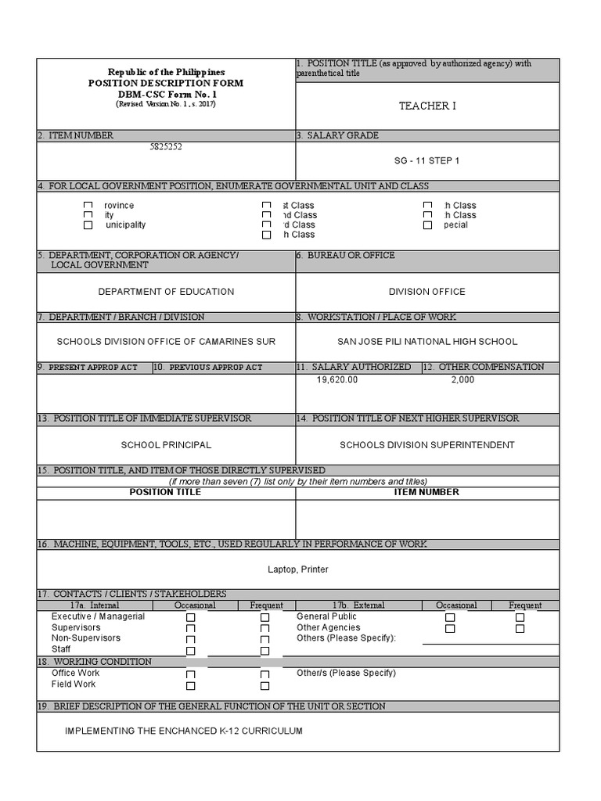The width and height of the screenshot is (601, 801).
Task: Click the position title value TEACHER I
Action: [x=426, y=106]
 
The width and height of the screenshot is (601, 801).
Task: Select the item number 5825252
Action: [x=166, y=146]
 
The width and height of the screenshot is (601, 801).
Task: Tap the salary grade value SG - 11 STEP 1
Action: [x=426, y=160]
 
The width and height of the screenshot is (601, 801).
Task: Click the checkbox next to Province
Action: [x=88, y=206]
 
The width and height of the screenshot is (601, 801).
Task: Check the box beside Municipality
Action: [x=88, y=225]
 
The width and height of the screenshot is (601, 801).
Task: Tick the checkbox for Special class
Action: [x=427, y=225]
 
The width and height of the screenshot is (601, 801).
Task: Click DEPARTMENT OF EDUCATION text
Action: [x=166, y=292]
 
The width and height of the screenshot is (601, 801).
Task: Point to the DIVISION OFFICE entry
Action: [x=426, y=292]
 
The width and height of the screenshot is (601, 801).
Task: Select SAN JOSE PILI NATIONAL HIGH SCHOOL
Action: [x=426, y=342]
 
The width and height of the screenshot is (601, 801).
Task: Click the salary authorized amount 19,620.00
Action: [x=337, y=379]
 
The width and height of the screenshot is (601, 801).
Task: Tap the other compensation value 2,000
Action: [x=462, y=379]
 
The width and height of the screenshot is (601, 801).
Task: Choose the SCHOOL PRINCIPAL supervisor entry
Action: [x=166, y=445]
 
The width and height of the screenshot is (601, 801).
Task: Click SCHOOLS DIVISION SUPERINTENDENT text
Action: [x=426, y=445]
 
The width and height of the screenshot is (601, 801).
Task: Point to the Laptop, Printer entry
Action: [x=298, y=569]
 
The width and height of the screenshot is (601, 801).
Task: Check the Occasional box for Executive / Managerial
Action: [x=190, y=618]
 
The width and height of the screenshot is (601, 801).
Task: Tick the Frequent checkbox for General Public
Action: [x=520, y=617]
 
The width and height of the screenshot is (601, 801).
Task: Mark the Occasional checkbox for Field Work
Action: [x=190, y=686]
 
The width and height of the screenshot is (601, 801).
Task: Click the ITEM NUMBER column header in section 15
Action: [x=426, y=492]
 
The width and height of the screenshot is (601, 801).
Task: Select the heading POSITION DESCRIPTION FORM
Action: [x=166, y=83]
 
